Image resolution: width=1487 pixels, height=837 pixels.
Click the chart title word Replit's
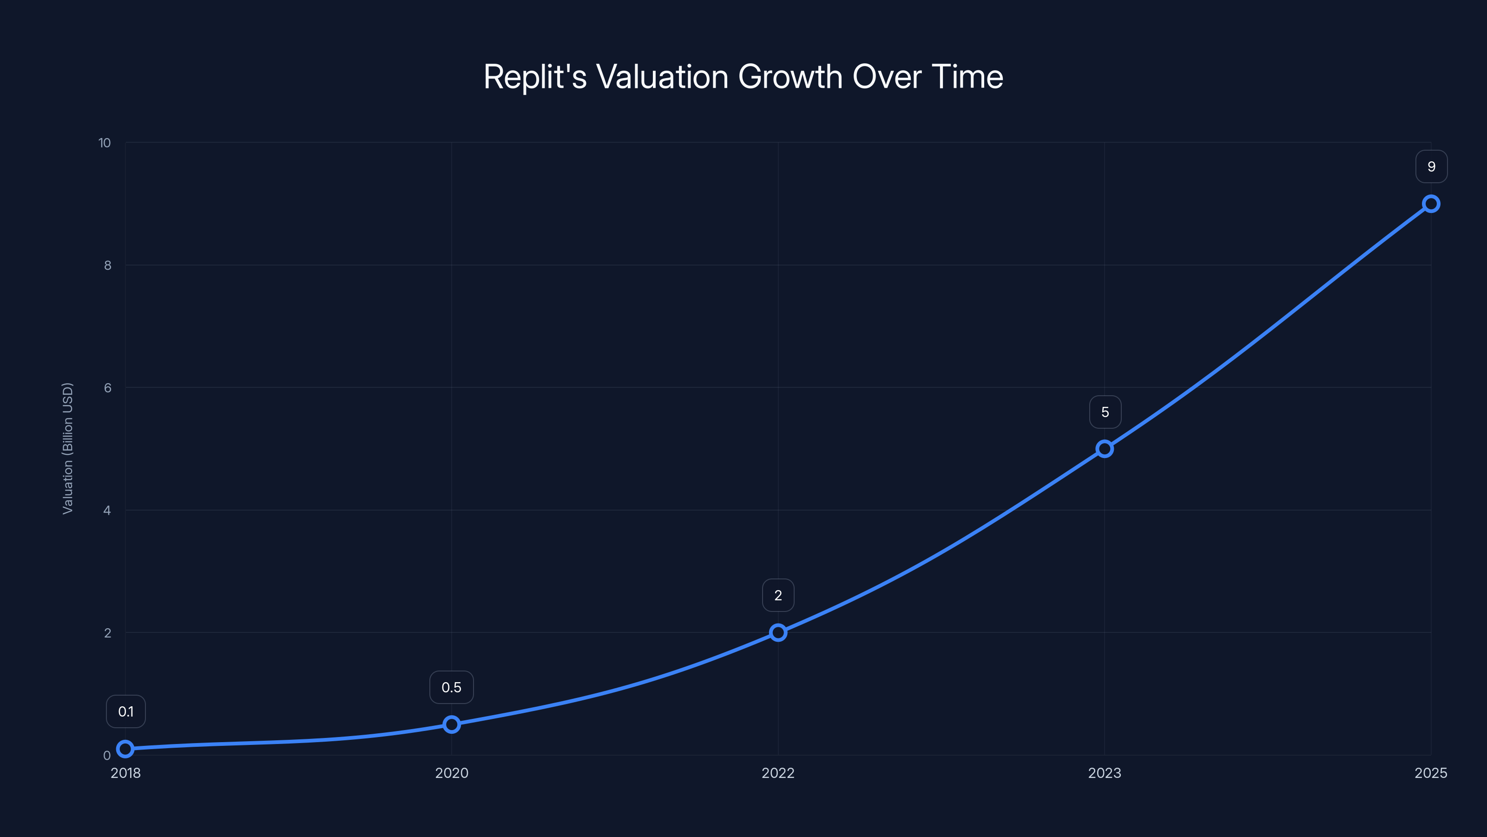pos(534,77)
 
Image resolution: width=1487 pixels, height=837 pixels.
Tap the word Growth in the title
pos(790,77)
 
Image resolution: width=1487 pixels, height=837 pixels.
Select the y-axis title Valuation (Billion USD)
pos(67,448)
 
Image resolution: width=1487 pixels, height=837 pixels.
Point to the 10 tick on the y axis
pos(105,143)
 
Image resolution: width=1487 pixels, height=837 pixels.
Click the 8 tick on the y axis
pos(107,265)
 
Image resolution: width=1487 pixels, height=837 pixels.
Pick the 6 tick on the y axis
pos(107,388)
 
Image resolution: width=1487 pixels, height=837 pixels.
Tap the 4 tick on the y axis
pos(107,510)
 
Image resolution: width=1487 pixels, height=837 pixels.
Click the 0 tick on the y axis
pos(107,755)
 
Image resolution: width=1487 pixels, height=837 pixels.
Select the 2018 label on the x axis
pos(125,773)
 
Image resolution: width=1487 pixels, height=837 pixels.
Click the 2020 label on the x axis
pos(451,773)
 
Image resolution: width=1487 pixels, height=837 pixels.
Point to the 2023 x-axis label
pos(1104,773)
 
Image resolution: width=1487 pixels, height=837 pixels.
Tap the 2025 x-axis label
pos(1430,773)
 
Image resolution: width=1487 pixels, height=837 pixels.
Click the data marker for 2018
pos(125,749)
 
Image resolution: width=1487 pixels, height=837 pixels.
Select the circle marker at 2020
pos(451,724)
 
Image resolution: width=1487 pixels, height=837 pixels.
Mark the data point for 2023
pos(1104,449)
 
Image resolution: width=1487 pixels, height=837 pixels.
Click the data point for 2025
pos(1430,204)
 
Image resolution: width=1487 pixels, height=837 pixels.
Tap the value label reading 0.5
pos(451,687)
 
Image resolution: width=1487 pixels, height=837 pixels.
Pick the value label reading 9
pos(1431,166)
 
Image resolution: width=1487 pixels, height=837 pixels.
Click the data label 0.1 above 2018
pos(126,711)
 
